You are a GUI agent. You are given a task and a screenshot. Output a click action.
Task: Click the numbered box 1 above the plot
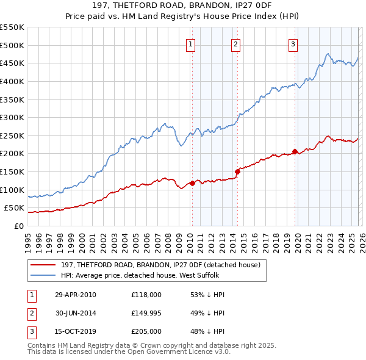191,44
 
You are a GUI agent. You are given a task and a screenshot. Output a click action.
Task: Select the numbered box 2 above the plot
235,44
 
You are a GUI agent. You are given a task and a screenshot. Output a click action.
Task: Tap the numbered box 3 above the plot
293,44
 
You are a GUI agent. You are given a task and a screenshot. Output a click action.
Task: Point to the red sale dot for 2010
192,183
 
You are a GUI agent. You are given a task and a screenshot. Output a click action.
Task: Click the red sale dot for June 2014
237,171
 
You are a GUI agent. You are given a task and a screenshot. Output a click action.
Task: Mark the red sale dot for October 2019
295,151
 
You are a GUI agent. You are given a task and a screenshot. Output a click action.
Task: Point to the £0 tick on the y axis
18,226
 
